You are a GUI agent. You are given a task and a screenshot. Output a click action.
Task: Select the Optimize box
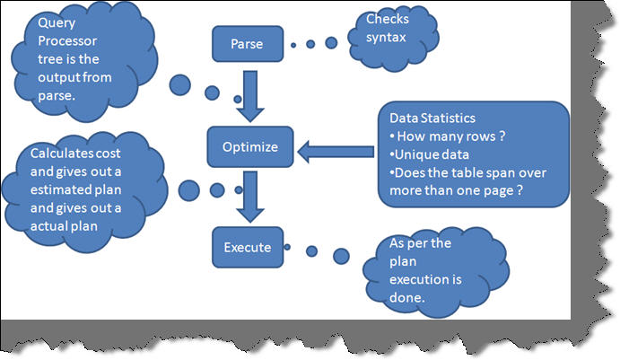tap(249, 145)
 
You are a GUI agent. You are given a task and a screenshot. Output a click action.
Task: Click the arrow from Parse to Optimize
tap(251, 94)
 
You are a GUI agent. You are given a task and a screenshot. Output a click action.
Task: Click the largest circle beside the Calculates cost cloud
tap(188, 189)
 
